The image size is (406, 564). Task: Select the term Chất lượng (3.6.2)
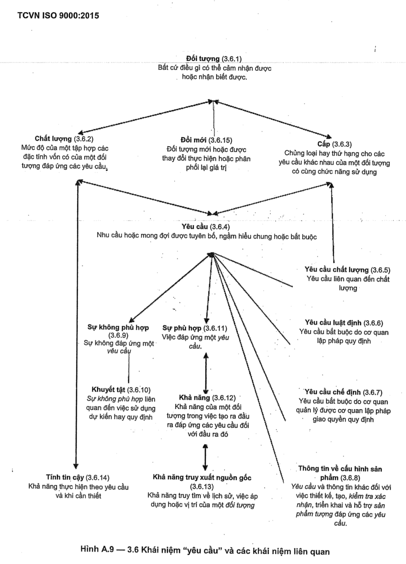[x=64, y=139]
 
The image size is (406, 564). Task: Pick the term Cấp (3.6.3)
[x=334, y=144]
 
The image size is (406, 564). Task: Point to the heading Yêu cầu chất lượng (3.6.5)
[x=347, y=270]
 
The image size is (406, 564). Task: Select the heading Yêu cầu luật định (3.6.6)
[x=344, y=323]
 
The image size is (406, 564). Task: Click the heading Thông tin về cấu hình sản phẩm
[x=340, y=473]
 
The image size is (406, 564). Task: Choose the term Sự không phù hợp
[x=118, y=327]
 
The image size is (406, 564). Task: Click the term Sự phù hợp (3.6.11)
[x=194, y=329]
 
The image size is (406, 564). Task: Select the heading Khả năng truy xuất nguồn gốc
[x=202, y=478]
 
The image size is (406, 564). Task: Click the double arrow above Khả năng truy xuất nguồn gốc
[x=205, y=457]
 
